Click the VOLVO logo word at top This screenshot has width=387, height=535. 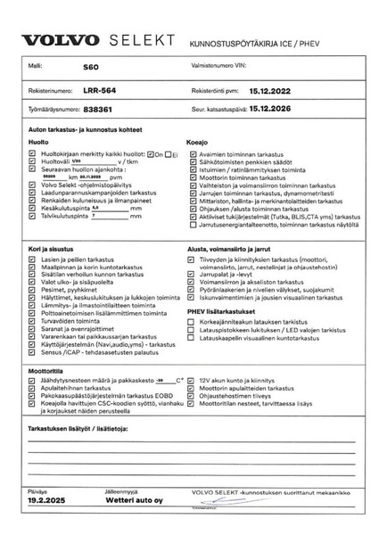pos(61,41)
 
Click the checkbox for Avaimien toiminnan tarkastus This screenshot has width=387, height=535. pos(191,152)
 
